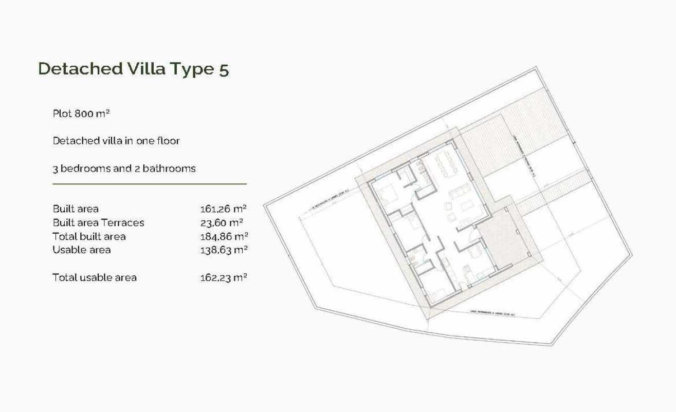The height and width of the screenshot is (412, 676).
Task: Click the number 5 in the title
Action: tap(224, 69)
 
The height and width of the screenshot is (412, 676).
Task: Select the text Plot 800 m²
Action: tap(81, 114)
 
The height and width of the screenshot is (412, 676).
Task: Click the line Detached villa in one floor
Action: tap(116, 141)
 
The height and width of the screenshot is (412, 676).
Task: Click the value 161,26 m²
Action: tap(223, 209)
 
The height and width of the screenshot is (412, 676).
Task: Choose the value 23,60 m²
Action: tap(222, 223)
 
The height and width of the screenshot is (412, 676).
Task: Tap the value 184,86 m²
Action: tap(224, 237)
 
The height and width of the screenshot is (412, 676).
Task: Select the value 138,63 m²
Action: tap(224, 250)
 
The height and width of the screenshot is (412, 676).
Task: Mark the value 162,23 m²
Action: tap(223, 277)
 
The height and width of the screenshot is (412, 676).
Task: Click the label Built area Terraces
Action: tap(98, 223)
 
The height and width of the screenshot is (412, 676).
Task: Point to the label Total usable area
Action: tap(95, 277)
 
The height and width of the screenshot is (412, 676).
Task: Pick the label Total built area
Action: tap(89, 237)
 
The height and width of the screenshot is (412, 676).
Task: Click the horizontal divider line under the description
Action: tap(150, 183)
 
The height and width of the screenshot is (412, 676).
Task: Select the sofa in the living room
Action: tap(458, 194)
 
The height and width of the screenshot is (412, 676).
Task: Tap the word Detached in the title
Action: tap(80, 68)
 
